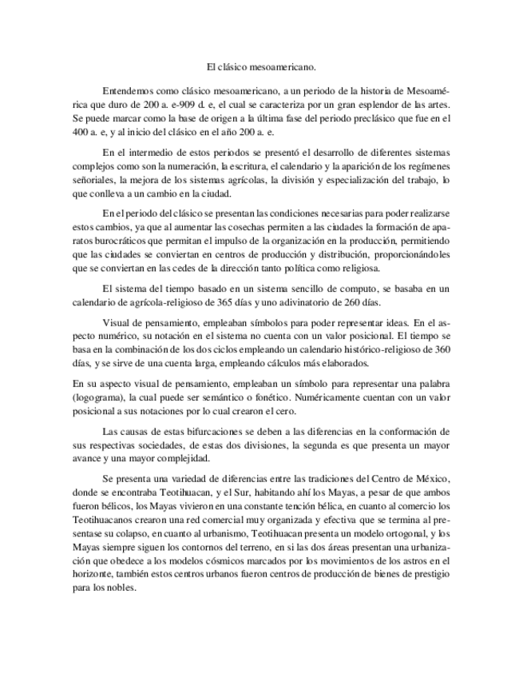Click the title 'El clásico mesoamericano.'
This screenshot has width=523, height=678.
coord(261,70)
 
